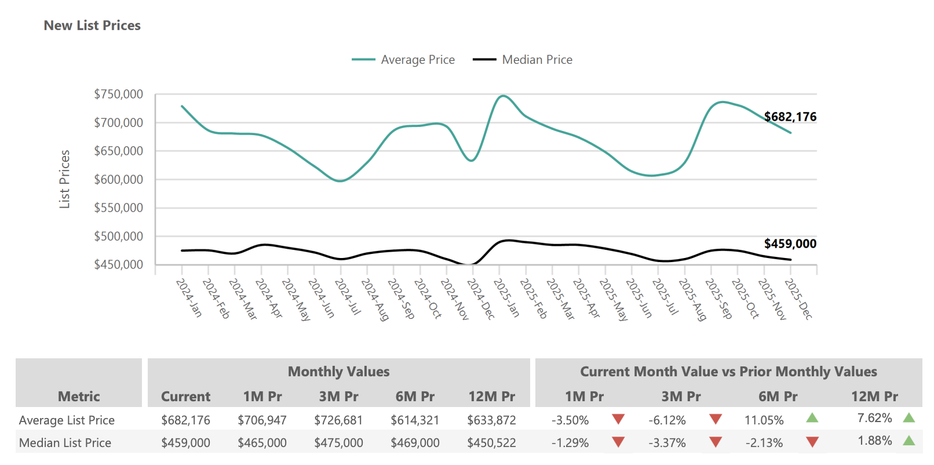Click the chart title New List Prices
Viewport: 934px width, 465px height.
tap(92, 26)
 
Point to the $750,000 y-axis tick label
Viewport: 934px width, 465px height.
tap(118, 95)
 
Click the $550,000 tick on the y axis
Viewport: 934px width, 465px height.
tap(118, 208)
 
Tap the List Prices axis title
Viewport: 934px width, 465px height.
tap(64, 179)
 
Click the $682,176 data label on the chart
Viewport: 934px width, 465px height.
tap(790, 117)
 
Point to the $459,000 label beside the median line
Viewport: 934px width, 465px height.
tap(790, 244)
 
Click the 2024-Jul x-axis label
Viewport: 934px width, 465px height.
tap(348, 296)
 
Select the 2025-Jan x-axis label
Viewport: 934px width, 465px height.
tap(506, 297)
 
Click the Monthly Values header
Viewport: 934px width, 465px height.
tap(338, 372)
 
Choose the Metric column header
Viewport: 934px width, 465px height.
tap(79, 397)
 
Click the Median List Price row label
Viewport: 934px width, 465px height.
tap(65, 443)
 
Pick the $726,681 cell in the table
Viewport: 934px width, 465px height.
tap(338, 420)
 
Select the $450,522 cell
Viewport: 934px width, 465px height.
tap(491, 443)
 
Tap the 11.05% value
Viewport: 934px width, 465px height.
tap(764, 420)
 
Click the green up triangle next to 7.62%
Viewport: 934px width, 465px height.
tap(909, 417)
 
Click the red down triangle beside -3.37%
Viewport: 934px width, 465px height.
tap(716, 442)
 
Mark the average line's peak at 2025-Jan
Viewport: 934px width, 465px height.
tap(502, 96)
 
